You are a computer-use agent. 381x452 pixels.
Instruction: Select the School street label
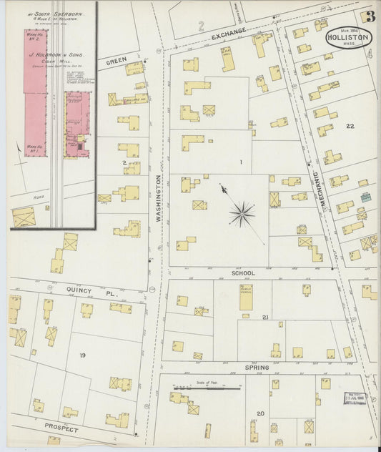click(243, 272)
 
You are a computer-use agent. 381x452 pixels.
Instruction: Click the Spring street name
click(257, 368)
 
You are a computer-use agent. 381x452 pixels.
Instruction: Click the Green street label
click(116, 62)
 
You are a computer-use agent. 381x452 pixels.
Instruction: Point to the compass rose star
click(242, 213)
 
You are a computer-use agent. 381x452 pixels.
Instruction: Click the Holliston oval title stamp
click(348, 38)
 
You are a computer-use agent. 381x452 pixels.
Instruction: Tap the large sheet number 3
click(369, 17)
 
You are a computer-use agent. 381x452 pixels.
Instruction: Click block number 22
click(350, 126)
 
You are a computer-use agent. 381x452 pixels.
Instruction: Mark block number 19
click(83, 355)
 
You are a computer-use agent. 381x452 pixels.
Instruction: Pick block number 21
click(264, 317)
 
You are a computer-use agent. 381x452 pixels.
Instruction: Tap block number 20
click(260, 413)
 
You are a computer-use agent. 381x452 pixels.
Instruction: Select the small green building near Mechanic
click(366, 197)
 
